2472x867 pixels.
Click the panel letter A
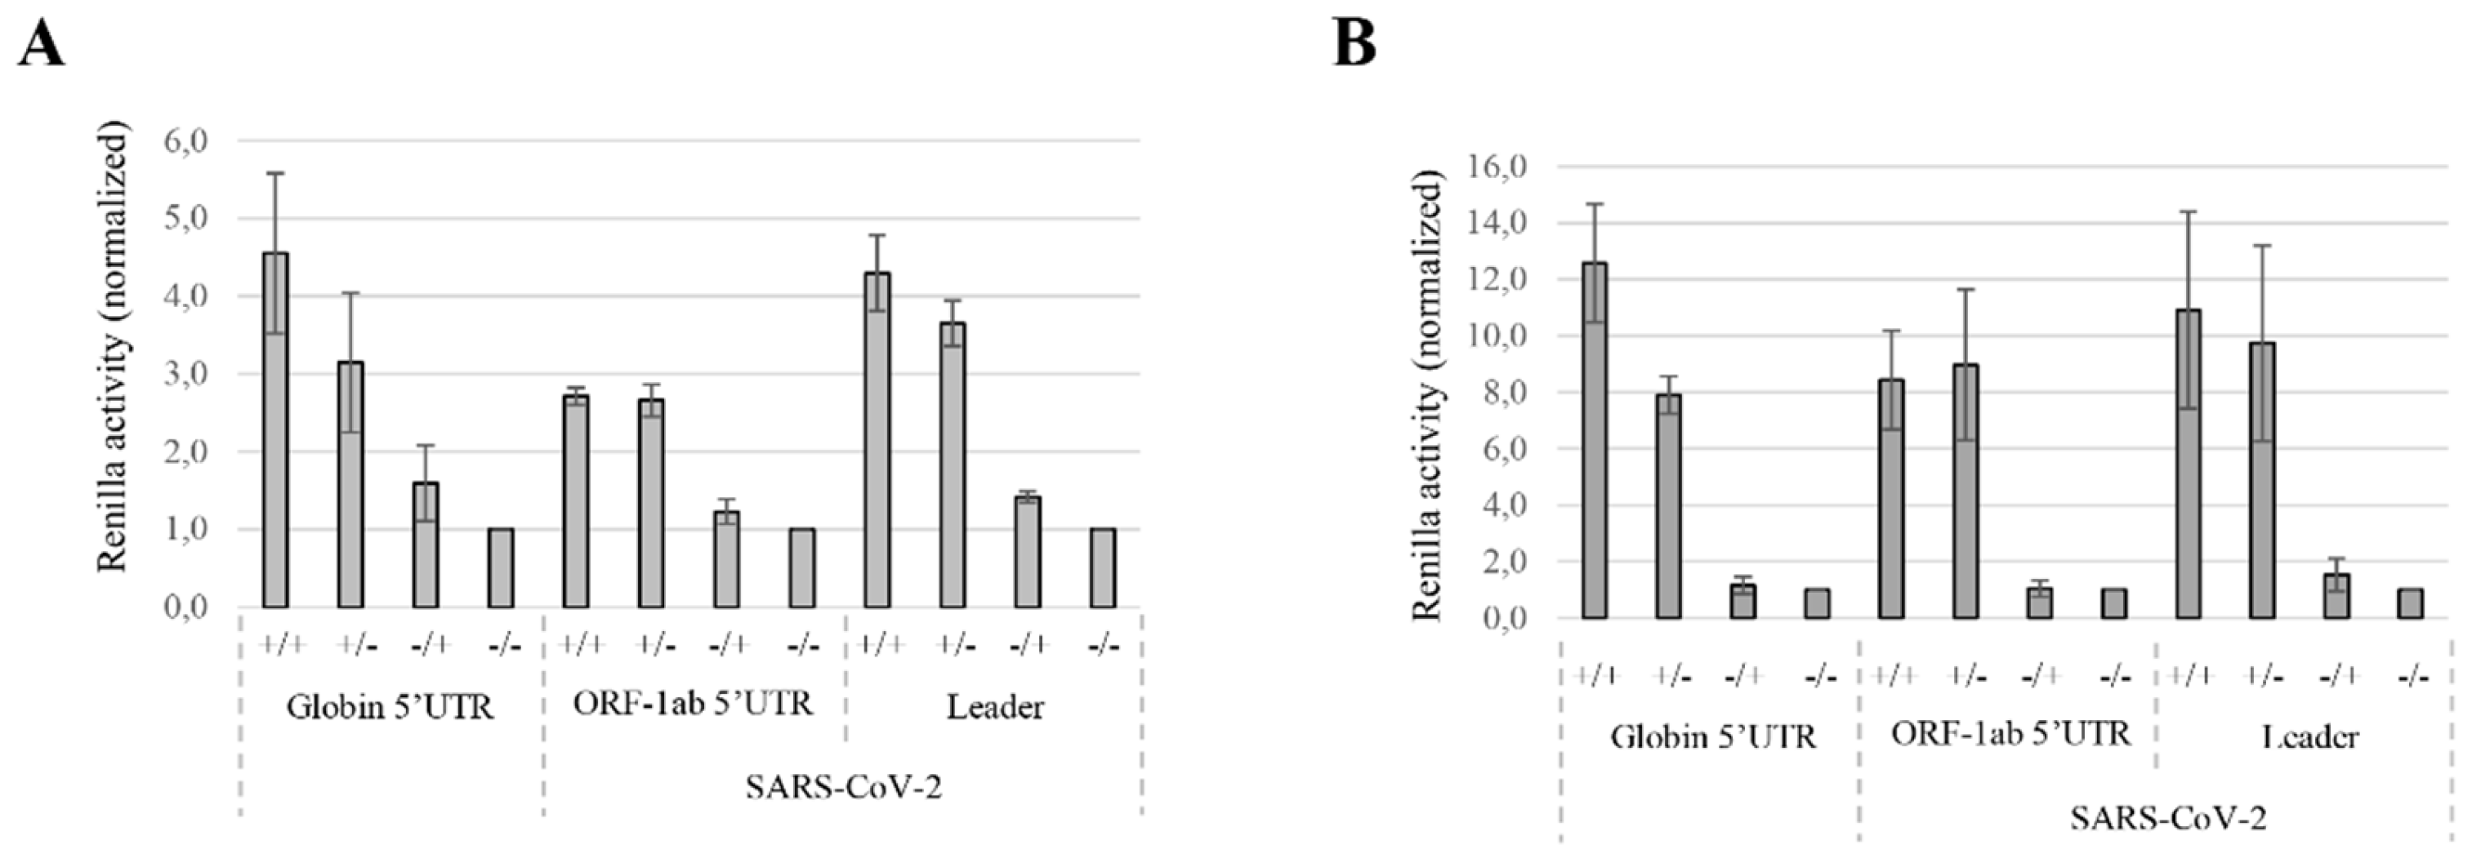tap(42, 44)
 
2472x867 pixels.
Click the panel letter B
tap(1354, 44)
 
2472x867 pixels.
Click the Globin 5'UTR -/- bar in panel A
tap(501, 567)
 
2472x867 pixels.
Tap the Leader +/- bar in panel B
tap(2262, 479)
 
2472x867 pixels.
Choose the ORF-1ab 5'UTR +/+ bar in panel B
tap(1891, 498)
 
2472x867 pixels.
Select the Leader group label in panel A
tap(995, 708)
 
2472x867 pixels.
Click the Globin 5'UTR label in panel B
tap(1713, 736)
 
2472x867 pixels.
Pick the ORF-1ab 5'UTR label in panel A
tap(693, 704)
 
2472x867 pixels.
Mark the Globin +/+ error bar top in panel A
tap(275, 174)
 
